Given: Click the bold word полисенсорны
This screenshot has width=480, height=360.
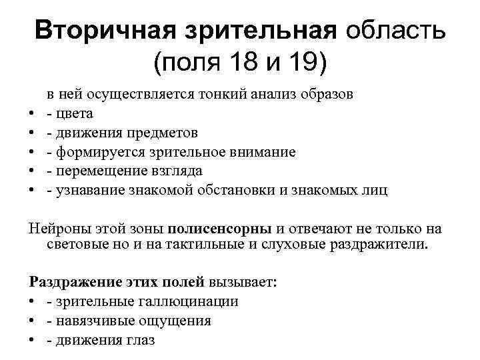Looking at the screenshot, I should tap(219, 229).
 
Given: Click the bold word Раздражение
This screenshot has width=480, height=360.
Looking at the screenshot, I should tap(73, 282).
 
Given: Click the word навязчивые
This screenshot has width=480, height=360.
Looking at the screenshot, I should tap(96, 321).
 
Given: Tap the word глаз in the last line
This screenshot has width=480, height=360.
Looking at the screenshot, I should tap(140, 340).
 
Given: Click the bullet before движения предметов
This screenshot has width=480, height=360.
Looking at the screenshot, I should tap(32, 133).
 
